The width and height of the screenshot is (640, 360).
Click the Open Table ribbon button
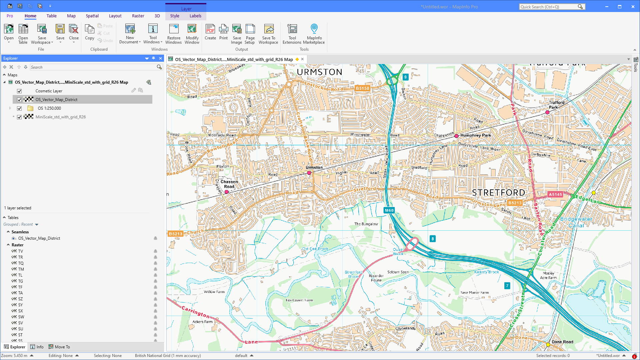coord(23,33)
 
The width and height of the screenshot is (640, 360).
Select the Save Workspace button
coord(42,33)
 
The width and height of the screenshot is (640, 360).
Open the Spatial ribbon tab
coord(92,16)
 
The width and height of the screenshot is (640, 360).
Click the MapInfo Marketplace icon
coord(314,33)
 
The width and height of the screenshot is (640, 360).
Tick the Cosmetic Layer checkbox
coord(19,91)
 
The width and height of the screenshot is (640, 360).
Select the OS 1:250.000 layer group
coord(49,108)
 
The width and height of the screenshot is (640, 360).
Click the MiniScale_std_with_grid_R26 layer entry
coord(61,117)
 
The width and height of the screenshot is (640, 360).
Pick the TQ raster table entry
coord(21,263)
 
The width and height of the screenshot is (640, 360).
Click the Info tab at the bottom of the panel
coord(37,347)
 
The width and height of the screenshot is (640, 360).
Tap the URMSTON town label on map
coord(319,72)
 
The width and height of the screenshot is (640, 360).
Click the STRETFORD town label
coord(498,193)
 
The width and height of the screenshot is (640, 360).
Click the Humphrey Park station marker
coord(456,136)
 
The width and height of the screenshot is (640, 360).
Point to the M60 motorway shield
coord(389,210)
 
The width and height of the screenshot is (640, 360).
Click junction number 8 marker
coord(433,239)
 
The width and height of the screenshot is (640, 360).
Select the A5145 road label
coord(555,194)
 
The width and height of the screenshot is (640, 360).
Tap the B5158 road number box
coord(362,88)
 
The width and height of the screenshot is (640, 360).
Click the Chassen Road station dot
coord(227,192)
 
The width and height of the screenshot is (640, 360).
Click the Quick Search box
coord(548,7)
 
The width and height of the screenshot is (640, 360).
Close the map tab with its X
coord(302,59)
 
